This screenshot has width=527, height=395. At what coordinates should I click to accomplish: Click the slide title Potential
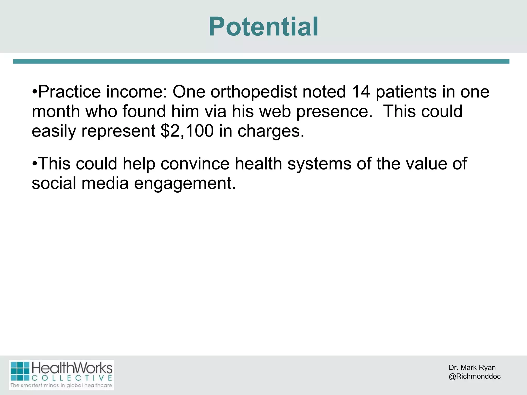pyautogui.click(x=263, y=27)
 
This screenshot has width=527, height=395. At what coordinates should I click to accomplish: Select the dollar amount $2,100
pyautogui.click(x=187, y=131)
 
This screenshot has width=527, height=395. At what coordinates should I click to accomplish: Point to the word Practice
pyautogui.click(x=69, y=92)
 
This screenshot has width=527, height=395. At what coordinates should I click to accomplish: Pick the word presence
pyautogui.click(x=334, y=112)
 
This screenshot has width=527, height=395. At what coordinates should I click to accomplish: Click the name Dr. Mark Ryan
pyautogui.click(x=472, y=367)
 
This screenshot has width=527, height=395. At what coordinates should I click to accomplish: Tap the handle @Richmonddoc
pyautogui.click(x=475, y=376)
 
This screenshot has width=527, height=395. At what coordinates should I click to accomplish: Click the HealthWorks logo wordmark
pyautogui.click(x=72, y=368)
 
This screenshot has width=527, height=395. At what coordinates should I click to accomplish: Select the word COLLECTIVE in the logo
pyautogui.click(x=72, y=378)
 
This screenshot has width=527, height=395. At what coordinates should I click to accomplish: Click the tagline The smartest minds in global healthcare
pyautogui.click(x=61, y=385)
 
